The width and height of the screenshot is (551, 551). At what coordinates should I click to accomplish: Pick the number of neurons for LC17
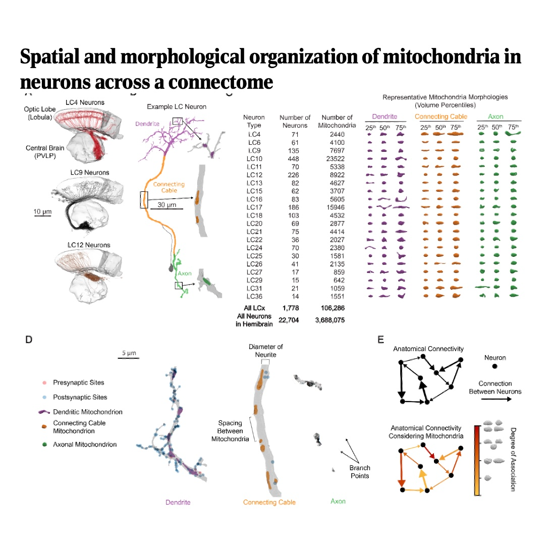295,207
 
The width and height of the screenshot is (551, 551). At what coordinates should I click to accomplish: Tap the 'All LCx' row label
254,307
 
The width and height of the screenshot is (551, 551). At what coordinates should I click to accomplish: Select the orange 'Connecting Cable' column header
441,117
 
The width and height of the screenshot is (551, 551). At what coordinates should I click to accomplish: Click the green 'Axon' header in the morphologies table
495,117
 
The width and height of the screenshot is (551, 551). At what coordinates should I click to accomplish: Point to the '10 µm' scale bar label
43,211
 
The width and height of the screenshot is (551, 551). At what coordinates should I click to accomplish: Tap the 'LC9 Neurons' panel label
89,173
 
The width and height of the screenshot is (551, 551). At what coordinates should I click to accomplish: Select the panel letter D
29,340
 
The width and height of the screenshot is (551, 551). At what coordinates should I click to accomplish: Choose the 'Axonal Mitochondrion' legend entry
84,445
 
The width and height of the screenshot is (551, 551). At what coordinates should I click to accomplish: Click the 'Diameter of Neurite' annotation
265,350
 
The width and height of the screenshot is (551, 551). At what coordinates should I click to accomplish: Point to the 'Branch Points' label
360,472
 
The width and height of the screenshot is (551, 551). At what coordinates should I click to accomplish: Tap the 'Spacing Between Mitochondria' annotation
230,431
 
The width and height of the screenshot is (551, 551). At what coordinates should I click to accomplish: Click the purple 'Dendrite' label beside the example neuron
147,124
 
